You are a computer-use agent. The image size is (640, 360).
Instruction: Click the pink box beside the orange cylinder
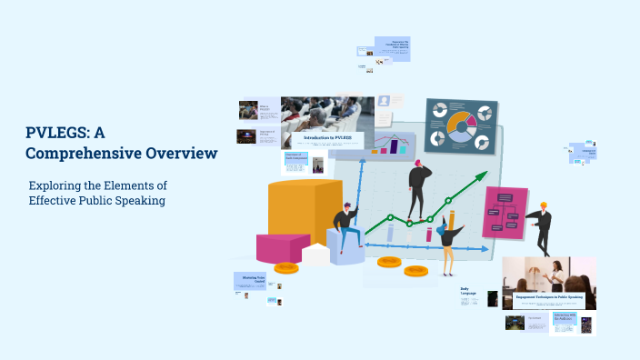[x=281, y=246]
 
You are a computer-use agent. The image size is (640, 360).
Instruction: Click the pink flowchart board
[x=505, y=212]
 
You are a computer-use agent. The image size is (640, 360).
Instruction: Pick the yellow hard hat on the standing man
[x=544, y=205]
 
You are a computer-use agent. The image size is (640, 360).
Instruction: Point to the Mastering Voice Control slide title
[x=254, y=278]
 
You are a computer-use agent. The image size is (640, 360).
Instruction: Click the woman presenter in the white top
[x=554, y=274]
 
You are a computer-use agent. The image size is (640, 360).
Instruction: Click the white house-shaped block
[x=315, y=255]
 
